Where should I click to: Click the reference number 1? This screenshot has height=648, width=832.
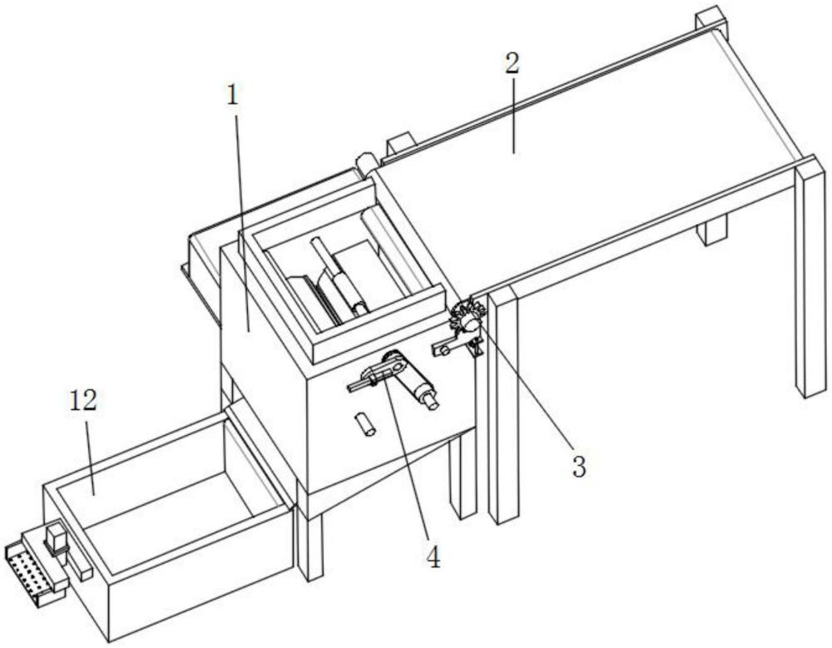(232, 95)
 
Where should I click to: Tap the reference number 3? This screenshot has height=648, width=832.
(578, 466)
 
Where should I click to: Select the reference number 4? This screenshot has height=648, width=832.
(434, 558)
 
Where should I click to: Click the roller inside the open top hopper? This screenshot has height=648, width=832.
(339, 277)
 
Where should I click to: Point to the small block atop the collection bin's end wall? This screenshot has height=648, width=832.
(57, 539)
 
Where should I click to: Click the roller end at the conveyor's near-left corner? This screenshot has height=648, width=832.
(365, 162)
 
